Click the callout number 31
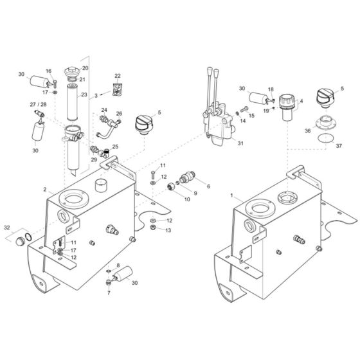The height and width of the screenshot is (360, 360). coord(240,143)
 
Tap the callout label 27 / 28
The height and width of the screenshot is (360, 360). coord(38,104)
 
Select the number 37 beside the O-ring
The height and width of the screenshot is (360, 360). coord(339,146)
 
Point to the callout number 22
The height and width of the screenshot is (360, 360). coord(117,76)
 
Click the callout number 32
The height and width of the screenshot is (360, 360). coord(7,228)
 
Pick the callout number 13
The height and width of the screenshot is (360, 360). coord(168,230)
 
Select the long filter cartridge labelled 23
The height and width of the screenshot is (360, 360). coord(73,103)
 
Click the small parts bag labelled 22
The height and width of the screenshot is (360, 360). coord(117,89)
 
